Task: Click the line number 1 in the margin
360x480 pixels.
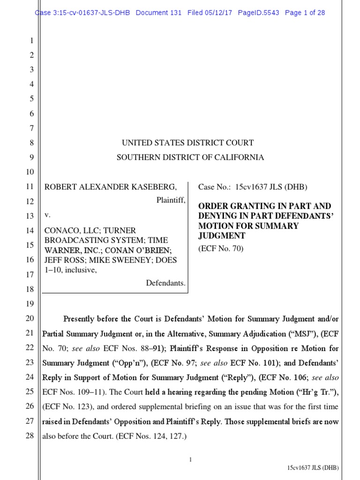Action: (31, 41)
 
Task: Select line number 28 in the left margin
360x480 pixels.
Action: (30, 435)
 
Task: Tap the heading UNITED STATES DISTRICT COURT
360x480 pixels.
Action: (188, 142)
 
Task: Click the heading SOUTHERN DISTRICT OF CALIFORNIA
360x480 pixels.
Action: (190, 157)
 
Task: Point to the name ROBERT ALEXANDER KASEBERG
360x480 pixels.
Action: (111, 187)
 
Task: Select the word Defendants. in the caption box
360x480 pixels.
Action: (166, 283)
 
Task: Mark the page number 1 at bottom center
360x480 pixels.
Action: (190, 447)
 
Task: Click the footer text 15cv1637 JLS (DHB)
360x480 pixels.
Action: (313, 468)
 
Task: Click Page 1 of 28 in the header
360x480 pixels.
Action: (305, 13)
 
